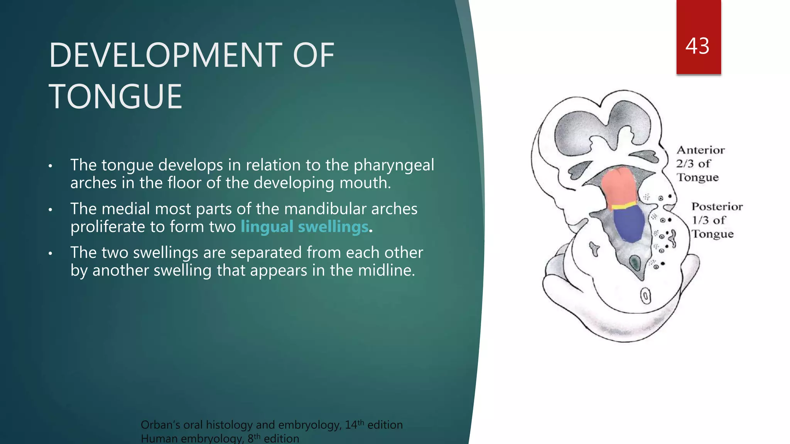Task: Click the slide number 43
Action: [x=697, y=46]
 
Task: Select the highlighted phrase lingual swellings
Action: [x=304, y=227]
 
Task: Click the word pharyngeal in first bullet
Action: [x=393, y=165]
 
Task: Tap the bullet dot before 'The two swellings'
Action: [x=50, y=254]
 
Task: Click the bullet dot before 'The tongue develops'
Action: [x=50, y=166]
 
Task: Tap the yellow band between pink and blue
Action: [x=624, y=206]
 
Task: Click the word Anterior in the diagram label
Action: [x=701, y=150]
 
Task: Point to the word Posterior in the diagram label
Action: [x=717, y=207]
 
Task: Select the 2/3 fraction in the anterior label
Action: [x=685, y=164]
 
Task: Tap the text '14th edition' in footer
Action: [x=373, y=425]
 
